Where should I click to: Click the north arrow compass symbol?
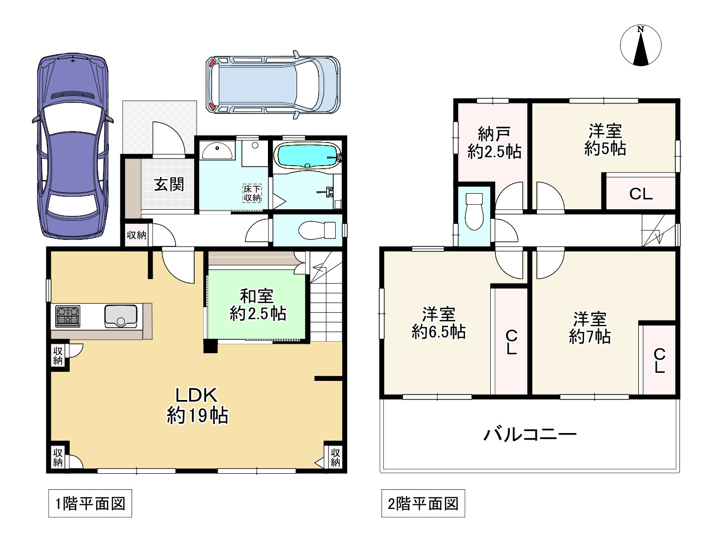tap(640, 45)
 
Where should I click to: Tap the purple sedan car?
tap(73, 146)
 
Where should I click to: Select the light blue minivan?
tap(273, 85)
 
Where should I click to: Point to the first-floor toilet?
tap(317, 230)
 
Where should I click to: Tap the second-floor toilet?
tap(474, 211)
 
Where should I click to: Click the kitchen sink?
tap(121, 316)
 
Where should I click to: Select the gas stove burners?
tap(68, 316)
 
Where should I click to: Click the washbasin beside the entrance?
tap(217, 150)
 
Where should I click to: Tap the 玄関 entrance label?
tap(169, 184)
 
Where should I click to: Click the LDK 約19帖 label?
tap(197, 405)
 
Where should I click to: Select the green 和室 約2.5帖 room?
tap(257, 305)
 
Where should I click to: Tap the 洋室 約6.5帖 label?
tap(439, 323)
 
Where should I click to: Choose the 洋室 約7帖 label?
tap(590, 328)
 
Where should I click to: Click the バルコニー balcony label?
tap(530, 435)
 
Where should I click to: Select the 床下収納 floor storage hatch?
tap(252, 193)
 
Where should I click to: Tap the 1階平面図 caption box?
tap(90, 503)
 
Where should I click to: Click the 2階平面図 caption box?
tap(423, 503)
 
